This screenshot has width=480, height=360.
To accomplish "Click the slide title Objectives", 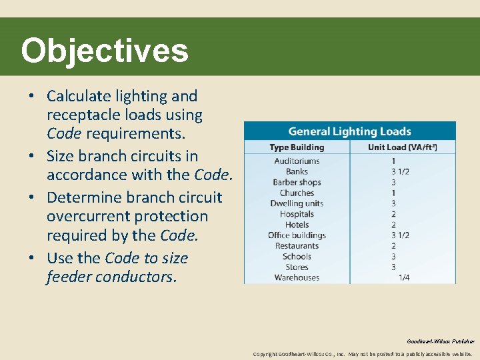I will (105, 51).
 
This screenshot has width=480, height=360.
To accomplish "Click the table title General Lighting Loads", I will (349, 131).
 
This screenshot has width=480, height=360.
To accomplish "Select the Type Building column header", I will (297, 147).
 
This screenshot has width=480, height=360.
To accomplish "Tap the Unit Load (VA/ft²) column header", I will (402, 147).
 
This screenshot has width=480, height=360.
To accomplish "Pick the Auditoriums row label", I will (297, 161).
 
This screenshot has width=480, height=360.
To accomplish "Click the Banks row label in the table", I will (297, 171).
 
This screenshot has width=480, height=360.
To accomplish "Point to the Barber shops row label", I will (297, 182).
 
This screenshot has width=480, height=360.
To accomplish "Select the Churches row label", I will (297, 193).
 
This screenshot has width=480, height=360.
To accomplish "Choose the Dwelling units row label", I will (297, 203).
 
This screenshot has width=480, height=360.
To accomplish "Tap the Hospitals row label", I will (297, 214).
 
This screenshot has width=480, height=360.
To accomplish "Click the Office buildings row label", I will (297, 235).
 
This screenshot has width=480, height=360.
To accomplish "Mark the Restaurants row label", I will (297, 246).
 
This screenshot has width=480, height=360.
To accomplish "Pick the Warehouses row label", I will (297, 277).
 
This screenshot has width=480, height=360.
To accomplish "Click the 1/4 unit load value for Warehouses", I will (404, 277).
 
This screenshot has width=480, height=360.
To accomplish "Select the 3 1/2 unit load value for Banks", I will (400, 171).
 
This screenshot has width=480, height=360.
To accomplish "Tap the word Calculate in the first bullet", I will (76, 96).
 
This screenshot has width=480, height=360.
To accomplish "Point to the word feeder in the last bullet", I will (69, 277).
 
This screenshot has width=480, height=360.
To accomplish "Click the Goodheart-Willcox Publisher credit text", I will (441, 341).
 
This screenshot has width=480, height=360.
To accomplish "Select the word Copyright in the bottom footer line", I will (265, 354).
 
